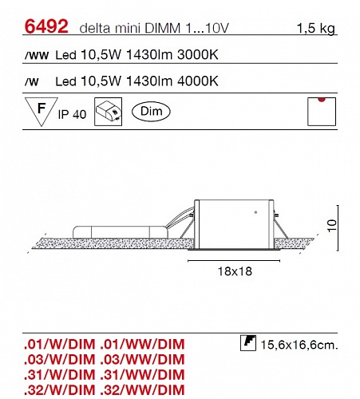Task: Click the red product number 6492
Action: pos(46,26)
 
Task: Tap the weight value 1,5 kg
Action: pos(315,28)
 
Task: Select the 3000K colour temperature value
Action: pos(197,55)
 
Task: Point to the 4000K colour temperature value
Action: pos(197,81)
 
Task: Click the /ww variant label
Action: pos(37,56)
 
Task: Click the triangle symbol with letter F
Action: pos(42,109)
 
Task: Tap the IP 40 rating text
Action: pos(72,114)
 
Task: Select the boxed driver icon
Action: pos(109,112)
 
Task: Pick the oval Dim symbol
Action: pos(151,111)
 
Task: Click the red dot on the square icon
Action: pos(322,100)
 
